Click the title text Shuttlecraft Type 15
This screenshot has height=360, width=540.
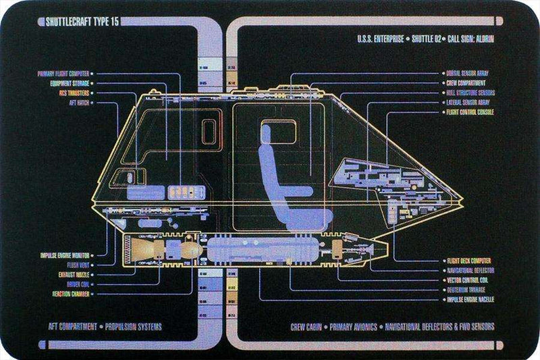click(x=70, y=23)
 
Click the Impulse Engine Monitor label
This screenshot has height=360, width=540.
click(x=66, y=255)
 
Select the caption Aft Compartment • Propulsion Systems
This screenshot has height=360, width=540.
click(x=104, y=326)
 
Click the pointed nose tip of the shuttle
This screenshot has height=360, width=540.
click(x=462, y=200)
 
